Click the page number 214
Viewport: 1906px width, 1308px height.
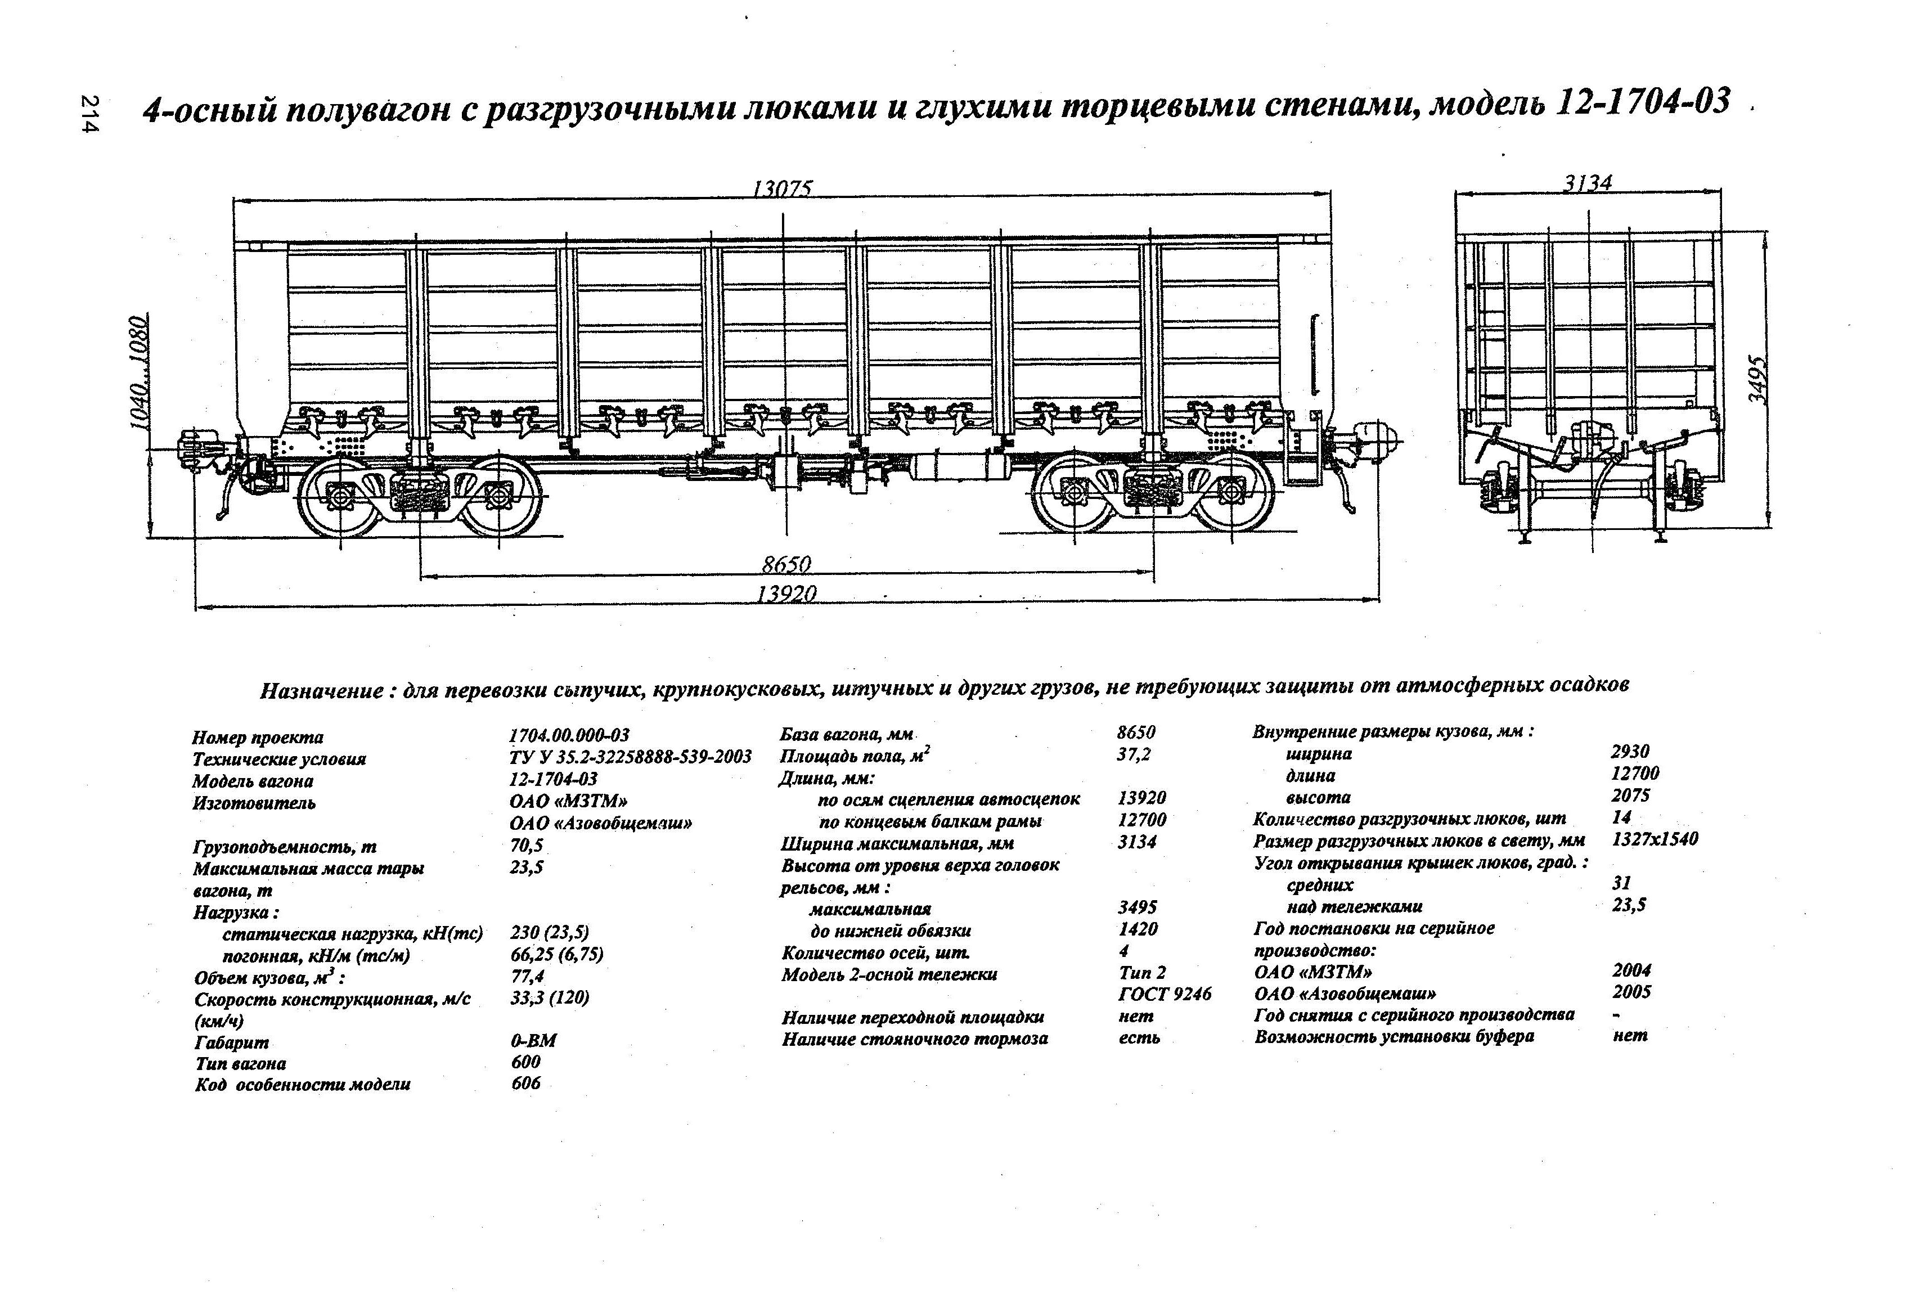(x=89, y=114)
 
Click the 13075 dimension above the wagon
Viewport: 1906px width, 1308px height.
(x=781, y=190)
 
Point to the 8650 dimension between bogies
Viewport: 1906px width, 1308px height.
(x=786, y=564)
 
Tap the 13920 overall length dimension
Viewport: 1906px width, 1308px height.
(x=786, y=593)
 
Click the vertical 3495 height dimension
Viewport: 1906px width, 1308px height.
(x=1757, y=378)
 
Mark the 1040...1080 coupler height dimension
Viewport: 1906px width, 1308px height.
(x=140, y=373)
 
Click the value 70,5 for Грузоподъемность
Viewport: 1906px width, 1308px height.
(x=527, y=846)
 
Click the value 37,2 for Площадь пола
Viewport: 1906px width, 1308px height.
(x=1134, y=754)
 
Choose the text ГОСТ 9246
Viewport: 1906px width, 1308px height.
(x=1165, y=994)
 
